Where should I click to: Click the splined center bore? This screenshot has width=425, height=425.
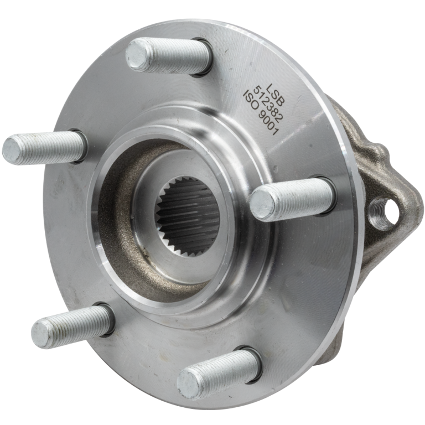(x=188, y=215)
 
